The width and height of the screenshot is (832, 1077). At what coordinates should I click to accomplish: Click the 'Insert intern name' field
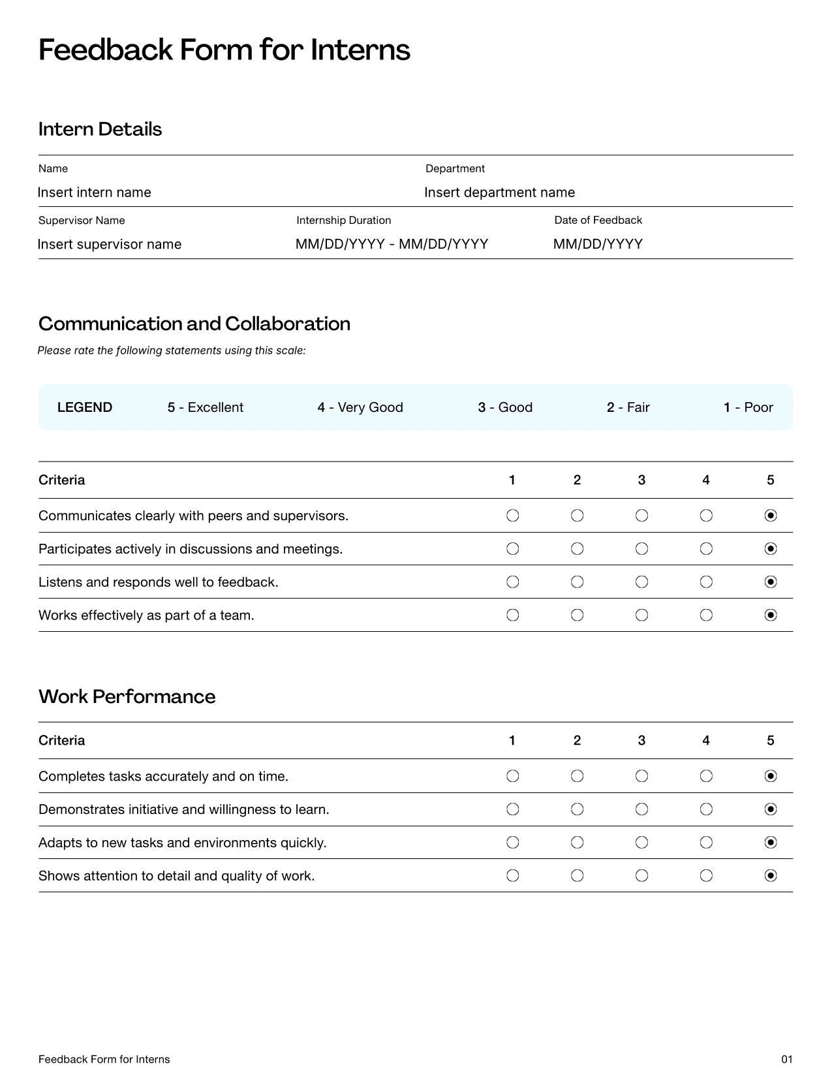[95, 193]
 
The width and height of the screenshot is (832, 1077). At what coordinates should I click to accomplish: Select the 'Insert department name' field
[499, 193]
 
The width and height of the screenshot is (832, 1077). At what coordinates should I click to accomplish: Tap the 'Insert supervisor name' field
[110, 244]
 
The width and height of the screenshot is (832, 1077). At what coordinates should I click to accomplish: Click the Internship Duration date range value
[392, 244]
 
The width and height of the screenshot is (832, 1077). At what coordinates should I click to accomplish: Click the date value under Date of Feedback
[598, 244]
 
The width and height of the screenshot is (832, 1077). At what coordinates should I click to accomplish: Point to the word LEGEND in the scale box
[85, 407]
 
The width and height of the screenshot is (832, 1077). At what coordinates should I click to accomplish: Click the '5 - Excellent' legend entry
[205, 407]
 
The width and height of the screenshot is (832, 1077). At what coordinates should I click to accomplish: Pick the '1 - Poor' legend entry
[748, 407]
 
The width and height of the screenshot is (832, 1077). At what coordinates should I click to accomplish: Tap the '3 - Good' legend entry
[505, 407]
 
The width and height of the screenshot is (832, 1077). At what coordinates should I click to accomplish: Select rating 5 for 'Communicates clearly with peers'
[771, 516]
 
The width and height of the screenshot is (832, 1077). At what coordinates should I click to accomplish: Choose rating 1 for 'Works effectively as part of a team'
[513, 615]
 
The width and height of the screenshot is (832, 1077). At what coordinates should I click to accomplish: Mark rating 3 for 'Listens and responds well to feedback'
[641, 582]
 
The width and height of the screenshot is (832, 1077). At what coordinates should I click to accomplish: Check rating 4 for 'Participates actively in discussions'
[706, 549]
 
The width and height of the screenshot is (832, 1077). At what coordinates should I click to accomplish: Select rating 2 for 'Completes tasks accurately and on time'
[577, 776]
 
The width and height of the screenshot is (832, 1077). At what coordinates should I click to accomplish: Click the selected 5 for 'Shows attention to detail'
[771, 875]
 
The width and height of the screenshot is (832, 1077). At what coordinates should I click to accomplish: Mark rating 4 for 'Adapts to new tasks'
[706, 843]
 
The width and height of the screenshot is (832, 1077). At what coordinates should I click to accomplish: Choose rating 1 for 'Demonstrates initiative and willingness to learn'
[513, 809]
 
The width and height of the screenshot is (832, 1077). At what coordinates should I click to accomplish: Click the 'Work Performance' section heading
[127, 696]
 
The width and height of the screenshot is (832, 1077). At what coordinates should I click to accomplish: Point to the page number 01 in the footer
[787, 1059]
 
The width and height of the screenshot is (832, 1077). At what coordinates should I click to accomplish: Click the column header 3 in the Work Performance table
[641, 740]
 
